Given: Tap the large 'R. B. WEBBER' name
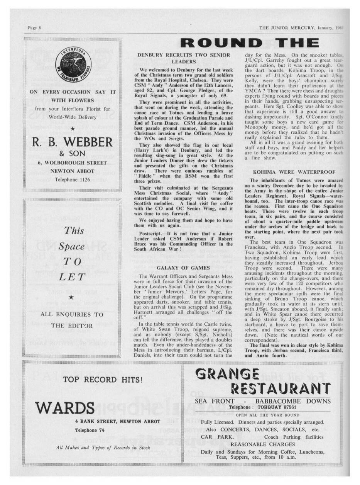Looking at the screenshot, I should point(73,142).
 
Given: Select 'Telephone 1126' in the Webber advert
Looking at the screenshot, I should point(73,179).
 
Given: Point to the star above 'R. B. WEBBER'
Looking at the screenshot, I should point(73,127).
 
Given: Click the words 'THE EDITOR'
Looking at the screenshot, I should point(73,326).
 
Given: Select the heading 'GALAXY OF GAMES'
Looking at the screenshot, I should point(184,268).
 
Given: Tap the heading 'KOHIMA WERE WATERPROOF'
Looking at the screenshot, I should point(294,171).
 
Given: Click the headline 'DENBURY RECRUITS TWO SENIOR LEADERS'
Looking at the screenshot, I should point(184,58).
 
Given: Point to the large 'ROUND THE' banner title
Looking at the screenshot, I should point(249,43).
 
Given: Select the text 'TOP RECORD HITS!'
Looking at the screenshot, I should point(102,379).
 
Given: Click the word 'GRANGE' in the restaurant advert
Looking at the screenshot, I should point(228,374).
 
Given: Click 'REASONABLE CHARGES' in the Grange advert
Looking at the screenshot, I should point(262,444).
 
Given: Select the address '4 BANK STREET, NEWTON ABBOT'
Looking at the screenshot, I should point(117,421).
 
